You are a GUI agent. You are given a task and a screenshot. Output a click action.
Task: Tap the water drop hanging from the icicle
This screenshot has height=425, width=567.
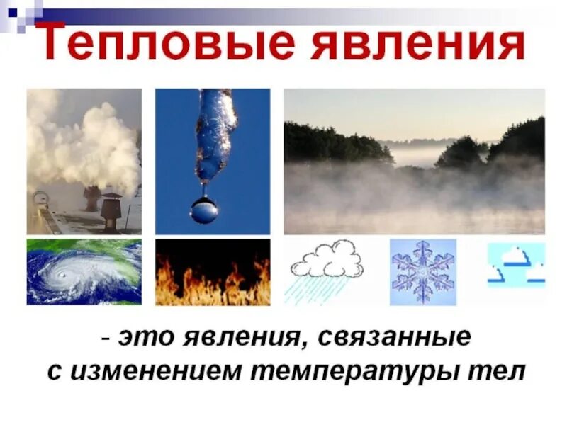click(204, 209)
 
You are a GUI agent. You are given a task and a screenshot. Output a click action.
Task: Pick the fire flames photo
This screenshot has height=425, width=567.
click(213, 273)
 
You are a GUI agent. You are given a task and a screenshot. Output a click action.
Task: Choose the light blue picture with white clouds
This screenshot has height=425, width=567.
click(516, 265)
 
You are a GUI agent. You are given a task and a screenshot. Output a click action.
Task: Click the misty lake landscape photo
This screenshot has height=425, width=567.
click(414, 161)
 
